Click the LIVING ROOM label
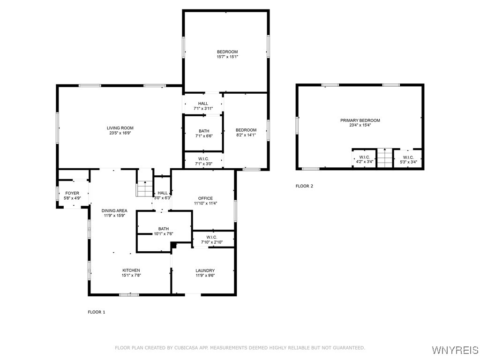[x=120, y=128]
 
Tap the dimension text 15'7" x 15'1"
[x=227, y=57]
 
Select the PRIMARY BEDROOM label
[x=360, y=120]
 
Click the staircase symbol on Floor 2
[x=384, y=158]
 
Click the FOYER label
[x=72, y=193]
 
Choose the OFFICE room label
[x=205, y=198]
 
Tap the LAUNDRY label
[x=205, y=270]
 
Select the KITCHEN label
[x=131, y=270]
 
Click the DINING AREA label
[x=114, y=210]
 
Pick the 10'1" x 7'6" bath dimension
[x=164, y=233]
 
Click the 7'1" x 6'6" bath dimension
[x=203, y=136]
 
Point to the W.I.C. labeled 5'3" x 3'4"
[x=408, y=159]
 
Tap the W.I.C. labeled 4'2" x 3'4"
[x=365, y=159]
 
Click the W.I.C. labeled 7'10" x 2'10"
[x=212, y=240]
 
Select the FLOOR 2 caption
[x=304, y=186]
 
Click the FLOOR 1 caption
[x=97, y=312]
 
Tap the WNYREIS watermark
[x=455, y=350]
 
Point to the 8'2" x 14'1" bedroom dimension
[x=246, y=135]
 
